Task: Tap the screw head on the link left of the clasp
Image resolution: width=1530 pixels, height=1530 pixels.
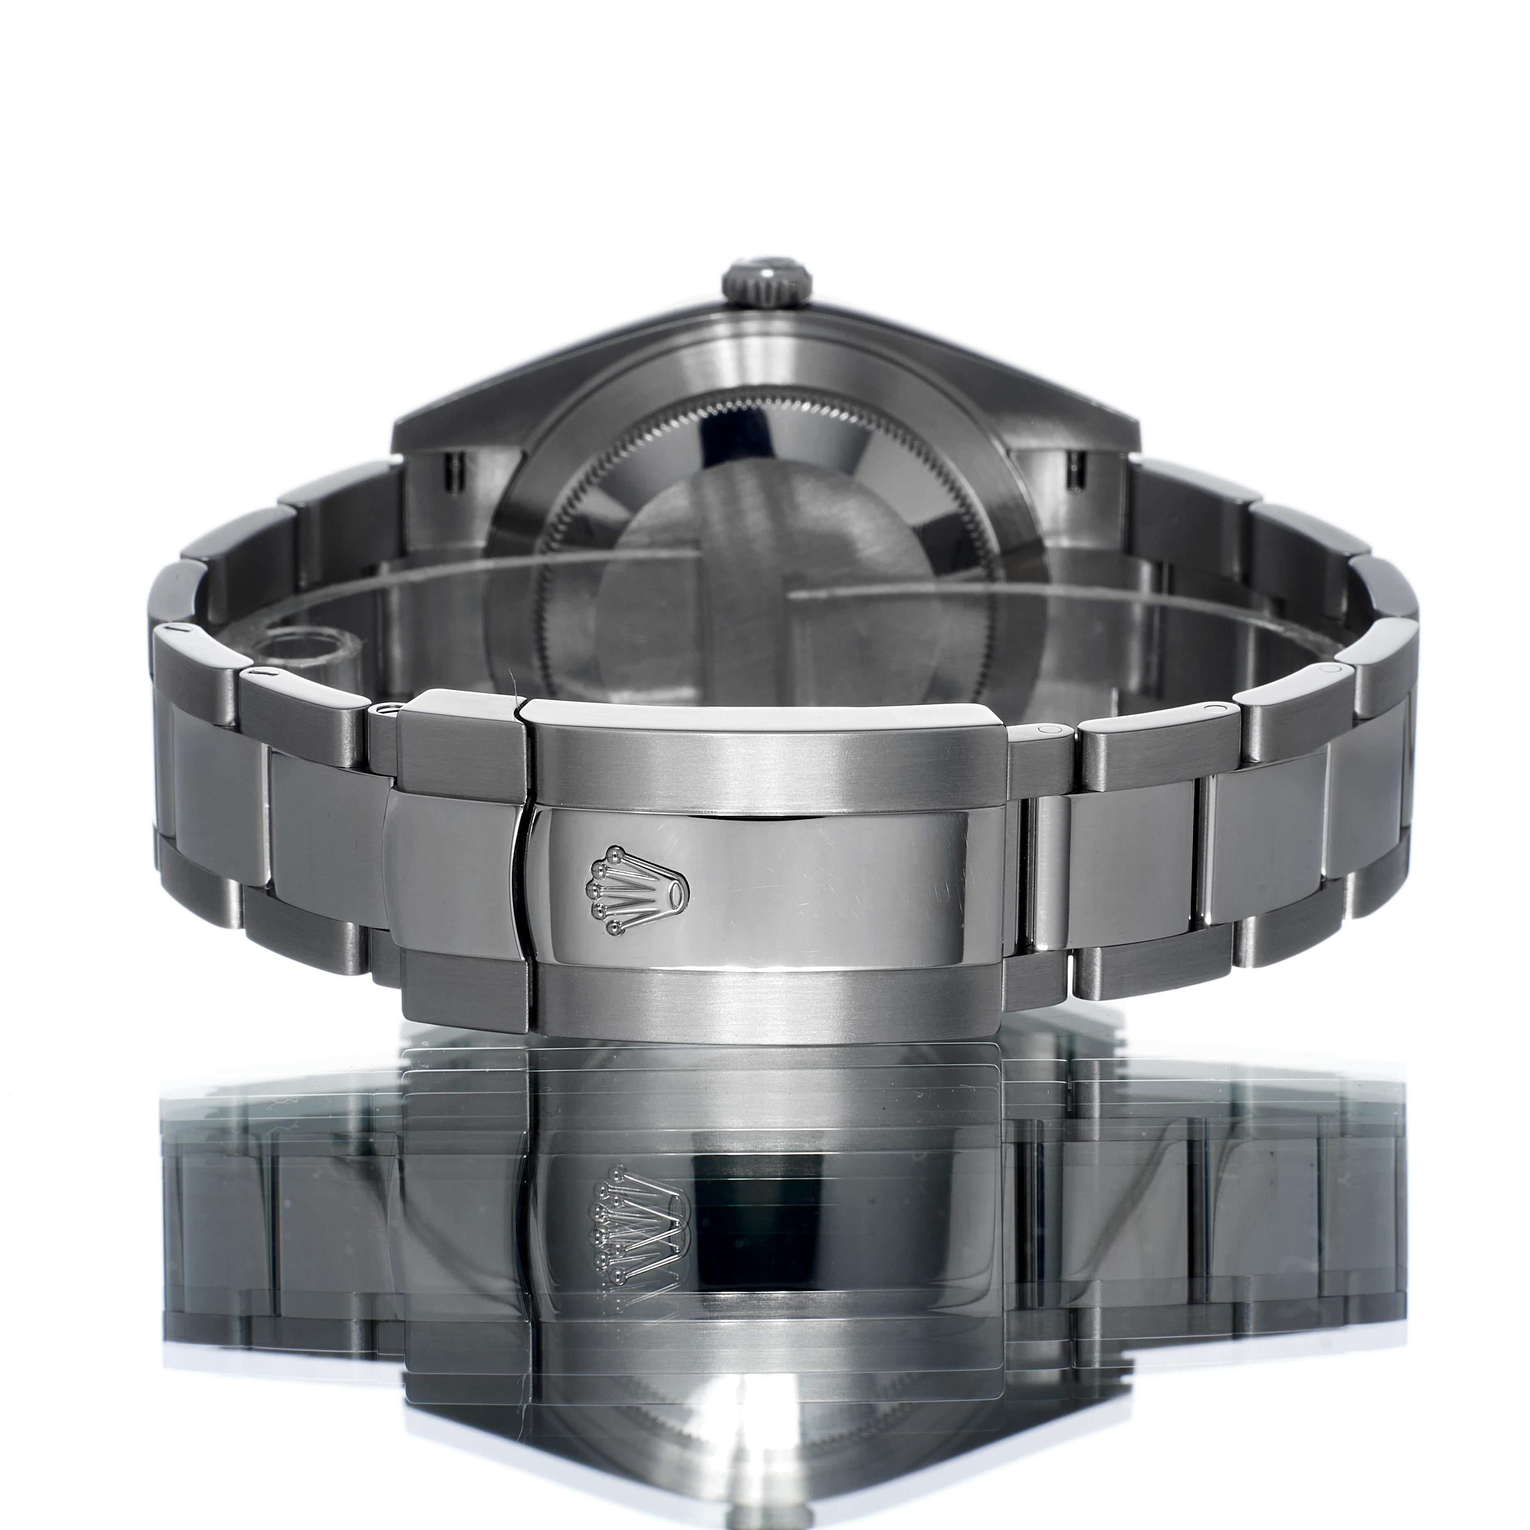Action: (388, 709)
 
